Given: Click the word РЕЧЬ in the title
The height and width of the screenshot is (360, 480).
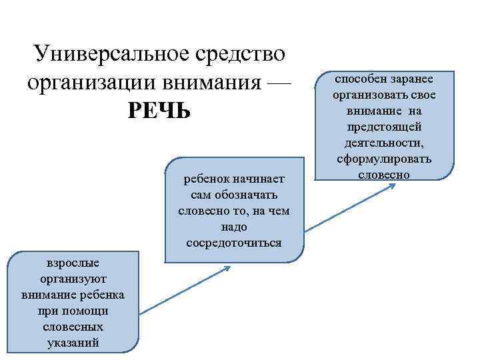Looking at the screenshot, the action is (x=159, y=111).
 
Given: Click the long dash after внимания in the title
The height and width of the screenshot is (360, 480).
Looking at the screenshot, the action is (x=278, y=83).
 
